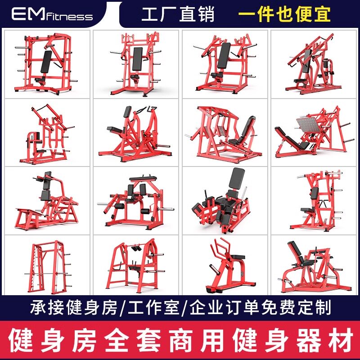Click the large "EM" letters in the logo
(x=28, y=13)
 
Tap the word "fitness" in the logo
(x=69, y=16)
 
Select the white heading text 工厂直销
(x=178, y=14)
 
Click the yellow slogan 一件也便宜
(x=284, y=14)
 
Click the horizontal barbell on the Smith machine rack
(x=48, y=274)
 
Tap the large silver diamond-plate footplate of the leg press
(x=309, y=125)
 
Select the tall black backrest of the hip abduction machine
(x=237, y=178)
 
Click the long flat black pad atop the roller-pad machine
(x=143, y=178)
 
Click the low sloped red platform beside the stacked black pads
(x=29, y=216)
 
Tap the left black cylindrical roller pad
(x=120, y=206)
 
